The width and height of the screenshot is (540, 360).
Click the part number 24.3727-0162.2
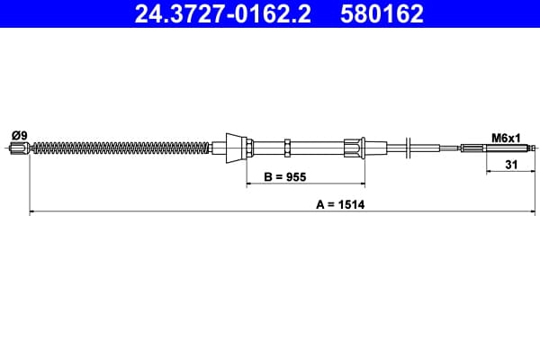(x=222, y=13)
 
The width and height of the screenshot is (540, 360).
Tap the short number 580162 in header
(x=382, y=13)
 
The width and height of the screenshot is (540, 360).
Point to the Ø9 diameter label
(x=19, y=135)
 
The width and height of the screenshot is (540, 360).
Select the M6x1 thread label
(x=506, y=138)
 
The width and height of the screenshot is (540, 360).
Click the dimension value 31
(x=511, y=165)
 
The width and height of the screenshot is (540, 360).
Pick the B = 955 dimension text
(x=284, y=176)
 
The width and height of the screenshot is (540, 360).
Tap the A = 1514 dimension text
(x=340, y=204)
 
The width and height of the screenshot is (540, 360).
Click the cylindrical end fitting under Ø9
(x=20, y=148)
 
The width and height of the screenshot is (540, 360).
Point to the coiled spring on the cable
(x=121, y=148)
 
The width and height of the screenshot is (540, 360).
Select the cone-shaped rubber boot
(x=236, y=148)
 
